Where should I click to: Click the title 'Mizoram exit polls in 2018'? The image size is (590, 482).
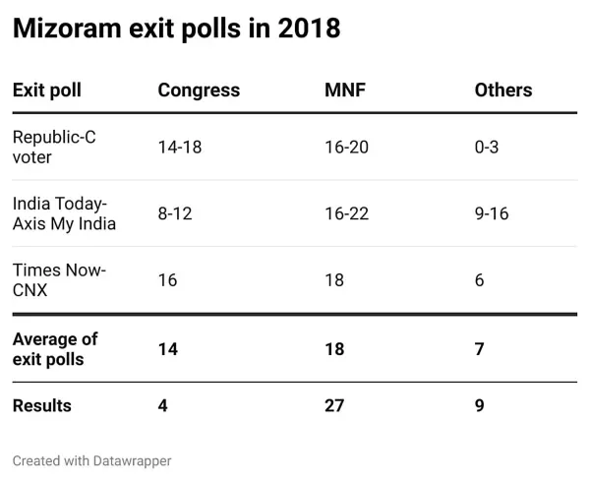pos(176,30)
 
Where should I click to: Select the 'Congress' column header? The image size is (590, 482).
pos(199,90)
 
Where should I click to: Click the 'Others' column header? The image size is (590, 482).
pos(502,90)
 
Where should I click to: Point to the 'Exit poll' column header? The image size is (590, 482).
pos(46,90)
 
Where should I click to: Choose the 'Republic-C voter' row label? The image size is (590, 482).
pos(53,147)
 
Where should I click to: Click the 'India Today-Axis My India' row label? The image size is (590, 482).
pos(64,213)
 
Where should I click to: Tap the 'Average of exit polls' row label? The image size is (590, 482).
pos(55,349)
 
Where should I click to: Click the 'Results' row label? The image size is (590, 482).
pos(41,405)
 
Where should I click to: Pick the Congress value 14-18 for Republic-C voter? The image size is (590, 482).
pos(181,147)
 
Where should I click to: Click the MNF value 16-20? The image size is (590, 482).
pos(348,147)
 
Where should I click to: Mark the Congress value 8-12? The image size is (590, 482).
pos(176,213)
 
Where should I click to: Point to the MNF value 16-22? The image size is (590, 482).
pos(348,213)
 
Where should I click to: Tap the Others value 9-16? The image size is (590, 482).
pos(492,213)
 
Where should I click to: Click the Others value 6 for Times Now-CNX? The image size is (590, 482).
pos(479,280)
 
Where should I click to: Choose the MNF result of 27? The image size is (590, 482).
pos(334,405)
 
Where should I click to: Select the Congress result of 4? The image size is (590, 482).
pos(163,405)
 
